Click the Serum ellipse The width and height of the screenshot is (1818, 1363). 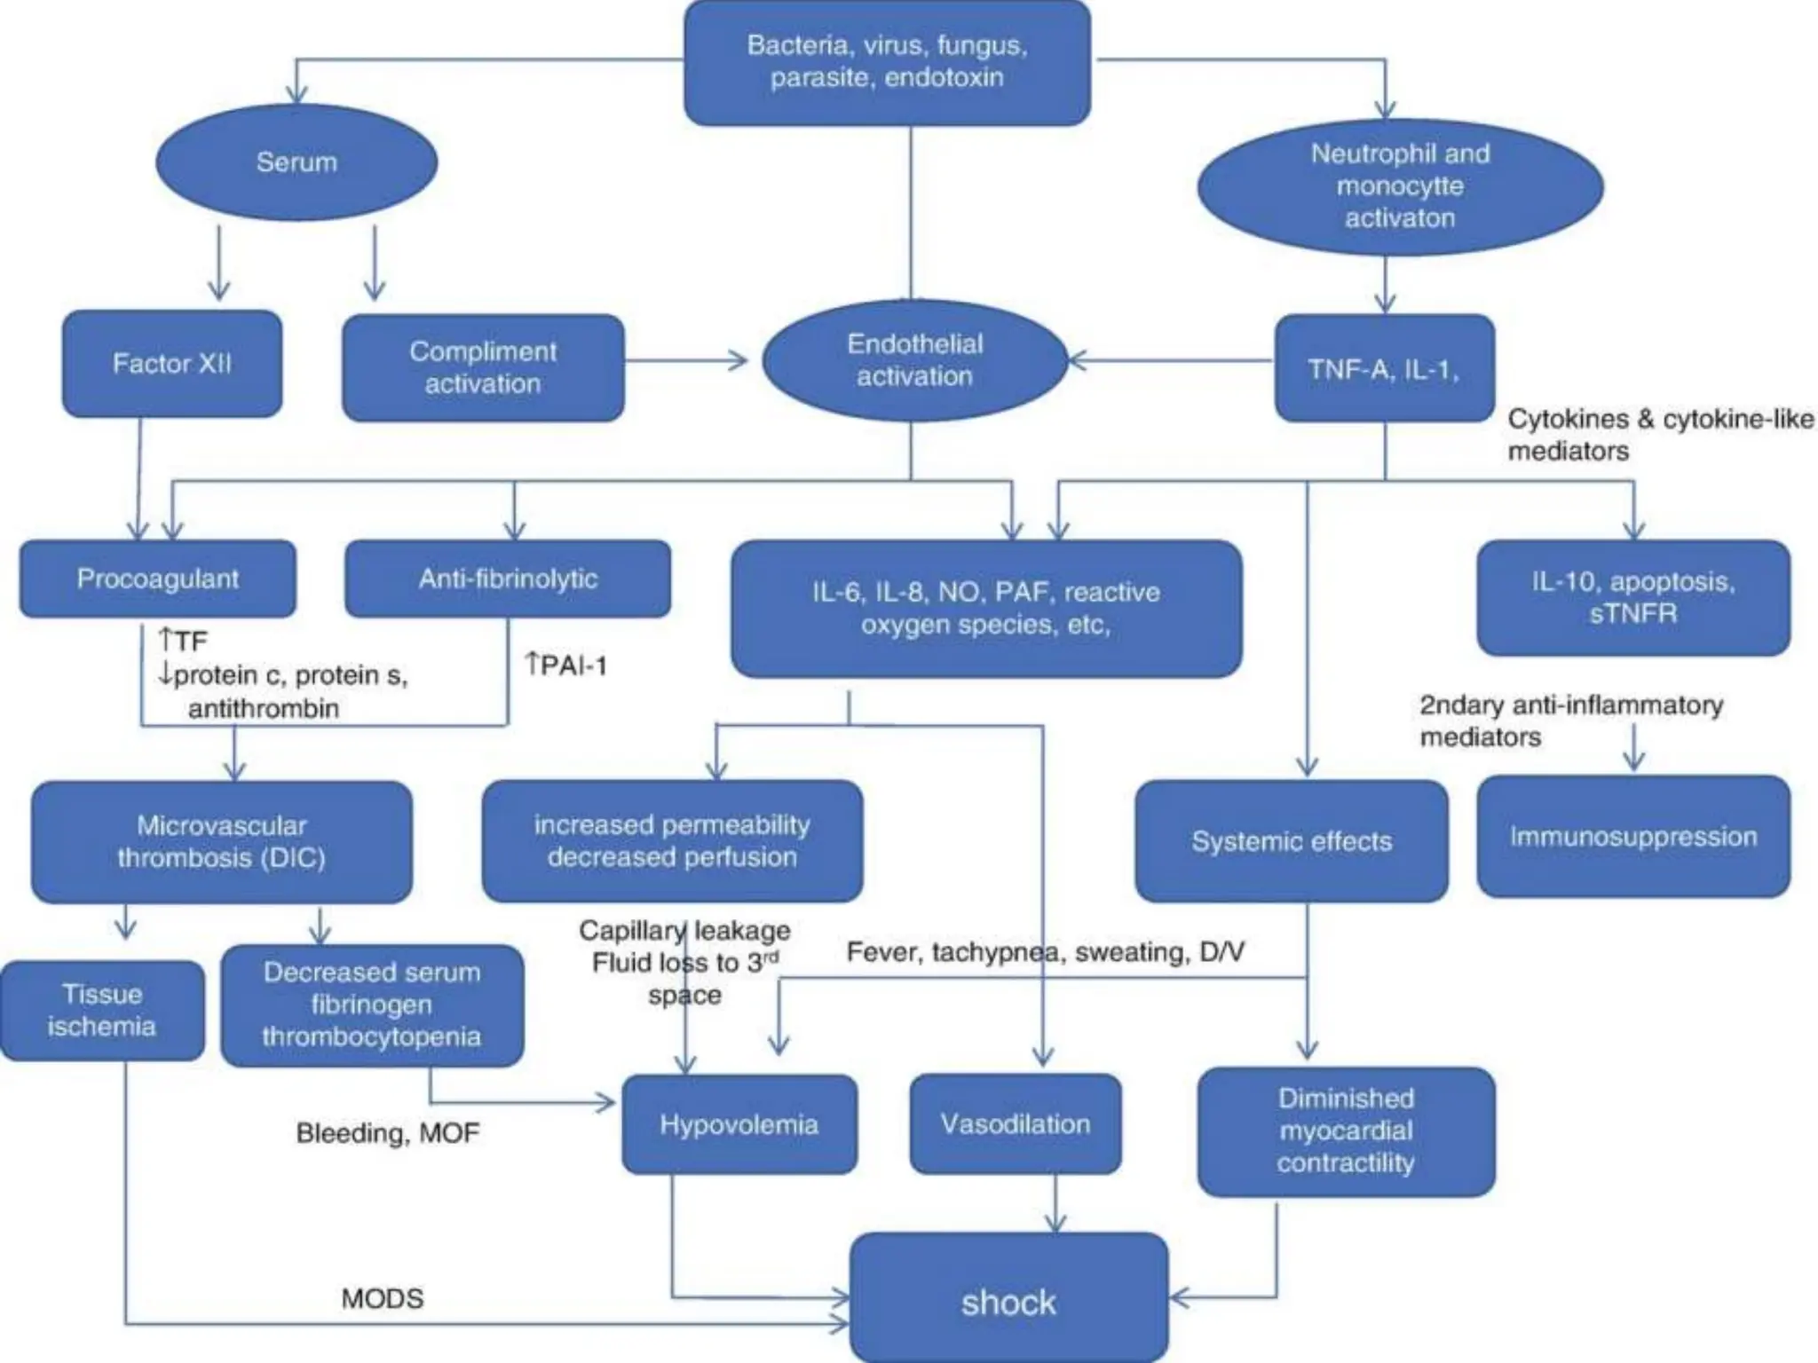[x=296, y=162]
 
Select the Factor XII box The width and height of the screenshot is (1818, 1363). [x=172, y=364]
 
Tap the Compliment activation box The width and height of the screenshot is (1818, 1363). [x=483, y=367]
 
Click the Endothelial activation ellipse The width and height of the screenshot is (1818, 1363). [x=914, y=360]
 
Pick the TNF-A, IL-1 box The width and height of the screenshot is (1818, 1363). [x=1384, y=368]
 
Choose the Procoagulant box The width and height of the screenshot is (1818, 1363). [x=158, y=579]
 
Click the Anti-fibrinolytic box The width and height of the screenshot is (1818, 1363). [x=508, y=579]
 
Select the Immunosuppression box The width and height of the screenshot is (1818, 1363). [x=1633, y=836]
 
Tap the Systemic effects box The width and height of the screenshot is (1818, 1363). [x=1292, y=840]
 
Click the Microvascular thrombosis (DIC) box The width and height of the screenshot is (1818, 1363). [x=222, y=841]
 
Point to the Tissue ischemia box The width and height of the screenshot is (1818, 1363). [x=102, y=1010]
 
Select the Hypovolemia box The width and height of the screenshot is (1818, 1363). [x=739, y=1124]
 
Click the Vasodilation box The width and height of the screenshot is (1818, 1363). [x=1016, y=1123]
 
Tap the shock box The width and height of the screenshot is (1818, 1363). [x=1008, y=1302]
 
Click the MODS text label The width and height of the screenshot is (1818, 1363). [x=383, y=1298]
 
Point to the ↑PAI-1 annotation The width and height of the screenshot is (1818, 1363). [x=565, y=665]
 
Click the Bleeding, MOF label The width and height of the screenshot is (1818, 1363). [x=388, y=1133]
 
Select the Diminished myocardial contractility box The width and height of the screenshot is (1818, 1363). [x=1346, y=1131]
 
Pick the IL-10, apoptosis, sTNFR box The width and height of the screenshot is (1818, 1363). [x=1633, y=597]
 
